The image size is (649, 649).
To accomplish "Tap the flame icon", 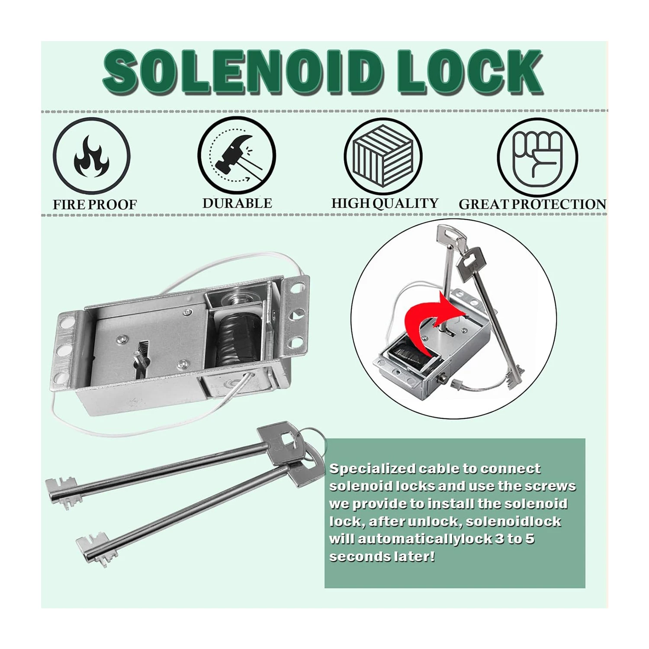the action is click(x=91, y=156).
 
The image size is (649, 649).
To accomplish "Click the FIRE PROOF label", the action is click(x=95, y=205).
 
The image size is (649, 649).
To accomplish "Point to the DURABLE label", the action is click(x=237, y=203).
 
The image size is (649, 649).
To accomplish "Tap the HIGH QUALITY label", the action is click(x=385, y=203).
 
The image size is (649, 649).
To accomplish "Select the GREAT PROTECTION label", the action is click(x=533, y=204).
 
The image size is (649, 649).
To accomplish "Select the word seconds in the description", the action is click(x=360, y=556).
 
